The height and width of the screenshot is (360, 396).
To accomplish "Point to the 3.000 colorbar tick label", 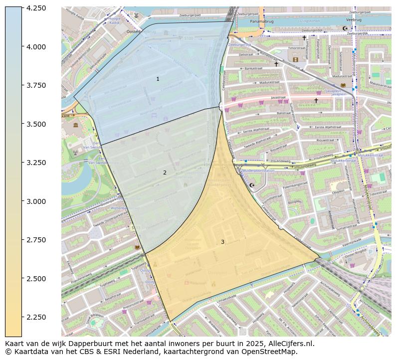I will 36,201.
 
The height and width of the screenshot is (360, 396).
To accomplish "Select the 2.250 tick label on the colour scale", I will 36,317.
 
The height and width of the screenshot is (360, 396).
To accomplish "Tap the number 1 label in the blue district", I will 158,79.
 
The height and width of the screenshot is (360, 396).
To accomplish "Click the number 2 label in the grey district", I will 165,173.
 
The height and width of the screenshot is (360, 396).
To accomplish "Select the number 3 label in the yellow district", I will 222,242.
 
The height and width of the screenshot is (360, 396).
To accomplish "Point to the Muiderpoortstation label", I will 258,171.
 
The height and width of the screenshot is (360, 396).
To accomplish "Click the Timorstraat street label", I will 296,48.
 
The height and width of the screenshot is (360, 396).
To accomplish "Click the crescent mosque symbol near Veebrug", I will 344,29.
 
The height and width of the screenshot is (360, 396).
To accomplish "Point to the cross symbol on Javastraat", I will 316,100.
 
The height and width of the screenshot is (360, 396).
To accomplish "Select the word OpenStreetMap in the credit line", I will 272,352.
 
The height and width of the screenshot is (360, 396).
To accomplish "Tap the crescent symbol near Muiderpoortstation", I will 252,185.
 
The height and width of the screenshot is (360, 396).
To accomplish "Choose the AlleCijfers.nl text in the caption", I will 289,344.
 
